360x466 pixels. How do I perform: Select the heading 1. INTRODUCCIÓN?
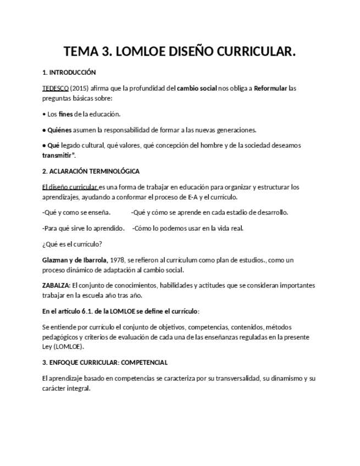pos(69,73)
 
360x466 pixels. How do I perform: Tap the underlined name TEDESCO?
pos(56,88)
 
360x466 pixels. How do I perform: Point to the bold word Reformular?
pos(270,88)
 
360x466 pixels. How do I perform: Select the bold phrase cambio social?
pos(197,88)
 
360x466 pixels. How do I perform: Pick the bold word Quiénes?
pos(60,130)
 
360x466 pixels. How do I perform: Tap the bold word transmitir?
pos(58,156)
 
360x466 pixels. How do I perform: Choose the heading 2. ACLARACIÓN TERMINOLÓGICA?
pos(91,171)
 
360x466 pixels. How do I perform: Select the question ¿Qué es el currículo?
pos(72,245)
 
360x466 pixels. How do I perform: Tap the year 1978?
pos(118,260)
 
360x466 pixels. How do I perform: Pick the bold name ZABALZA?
pos(56,286)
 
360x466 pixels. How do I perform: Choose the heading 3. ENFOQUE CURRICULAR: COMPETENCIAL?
pos(104,363)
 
